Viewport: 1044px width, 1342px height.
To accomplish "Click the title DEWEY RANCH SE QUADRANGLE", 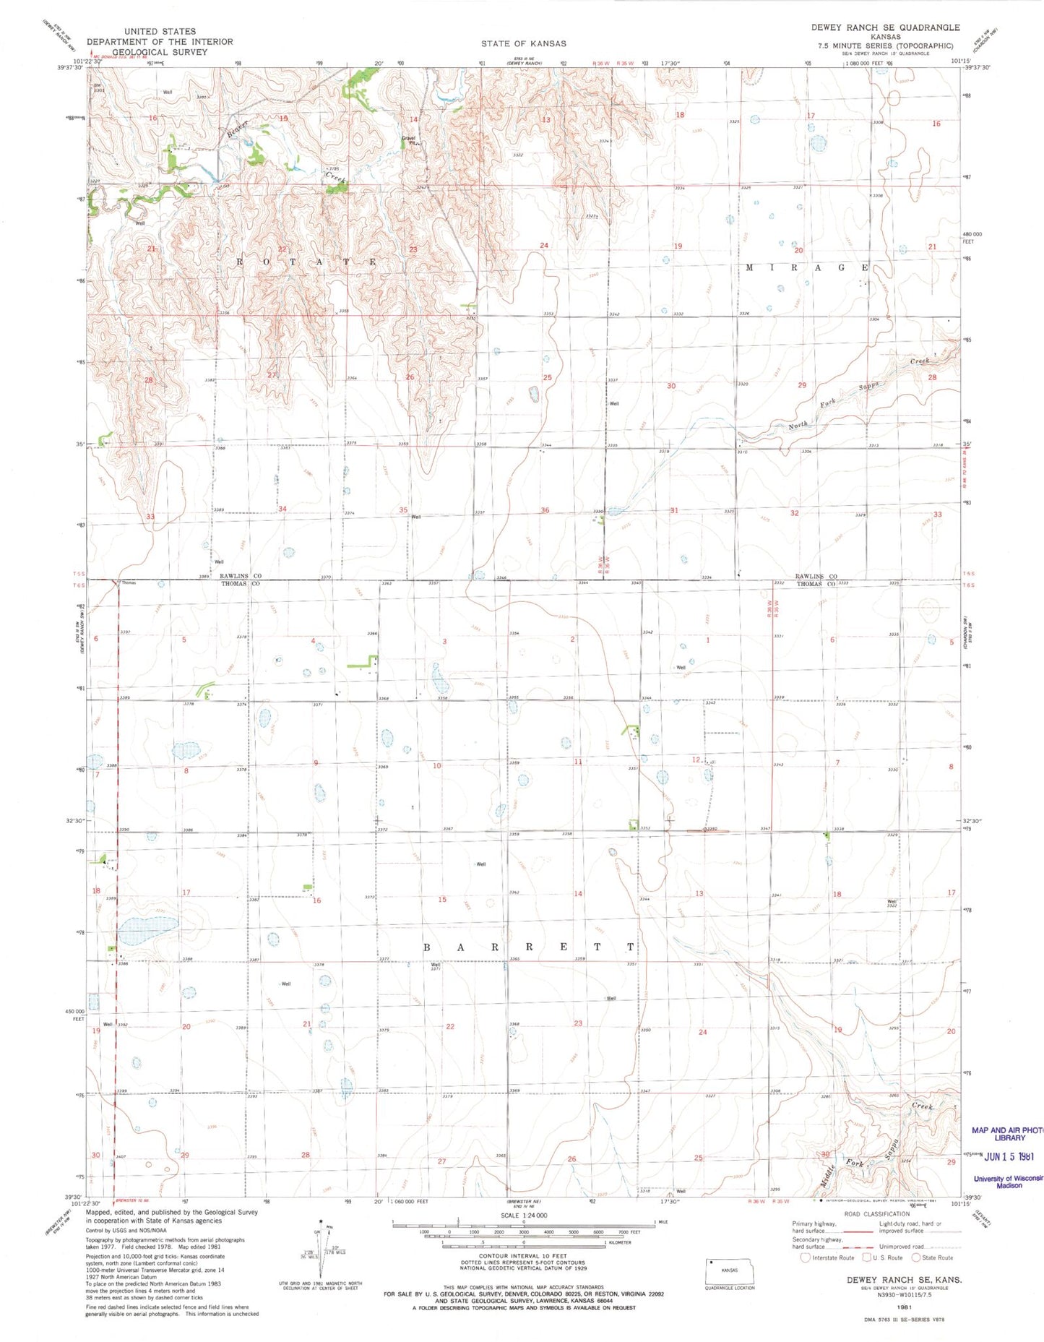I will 885,27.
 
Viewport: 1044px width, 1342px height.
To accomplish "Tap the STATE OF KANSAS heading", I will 523,44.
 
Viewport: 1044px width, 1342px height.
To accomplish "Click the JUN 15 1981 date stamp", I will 1009,1156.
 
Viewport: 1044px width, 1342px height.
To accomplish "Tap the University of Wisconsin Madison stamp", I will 1009,1181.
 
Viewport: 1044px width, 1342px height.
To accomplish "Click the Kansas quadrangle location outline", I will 730,1269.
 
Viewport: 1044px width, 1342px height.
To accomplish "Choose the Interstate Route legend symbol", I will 806,1257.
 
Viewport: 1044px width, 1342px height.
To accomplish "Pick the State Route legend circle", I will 916,1257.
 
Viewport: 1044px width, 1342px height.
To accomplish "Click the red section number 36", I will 545,510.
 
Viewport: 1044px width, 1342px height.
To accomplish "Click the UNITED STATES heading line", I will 160,32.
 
